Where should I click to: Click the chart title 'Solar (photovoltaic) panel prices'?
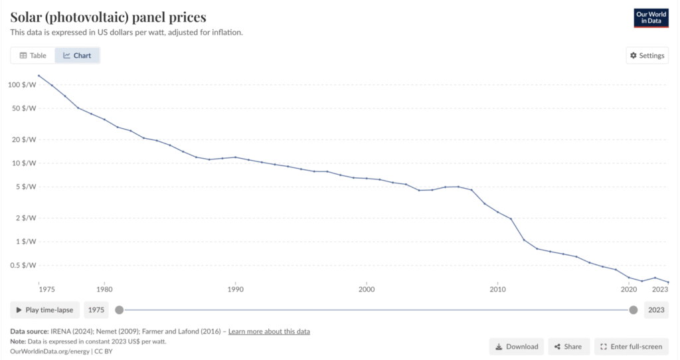click(x=108, y=17)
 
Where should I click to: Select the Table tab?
click(x=33, y=56)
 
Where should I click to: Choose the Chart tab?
click(x=78, y=56)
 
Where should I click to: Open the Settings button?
click(x=647, y=56)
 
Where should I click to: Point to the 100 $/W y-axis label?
click(x=21, y=84)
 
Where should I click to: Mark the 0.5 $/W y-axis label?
click(x=23, y=265)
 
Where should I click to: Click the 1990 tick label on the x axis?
click(x=235, y=289)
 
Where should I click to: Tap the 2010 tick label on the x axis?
click(x=497, y=289)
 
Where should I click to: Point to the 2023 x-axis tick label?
click(x=660, y=289)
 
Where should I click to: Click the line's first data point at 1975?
click(x=39, y=76)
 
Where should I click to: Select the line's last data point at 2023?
click(x=668, y=282)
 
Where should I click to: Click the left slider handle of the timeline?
click(x=119, y=310)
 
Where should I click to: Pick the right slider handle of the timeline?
click(x=634, y=310)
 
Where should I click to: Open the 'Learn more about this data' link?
click(x=269, y=331)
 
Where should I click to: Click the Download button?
click(x=517, y=347)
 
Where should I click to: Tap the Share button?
click(x=568, y=347)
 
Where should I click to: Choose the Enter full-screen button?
click(x=631, y=347)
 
